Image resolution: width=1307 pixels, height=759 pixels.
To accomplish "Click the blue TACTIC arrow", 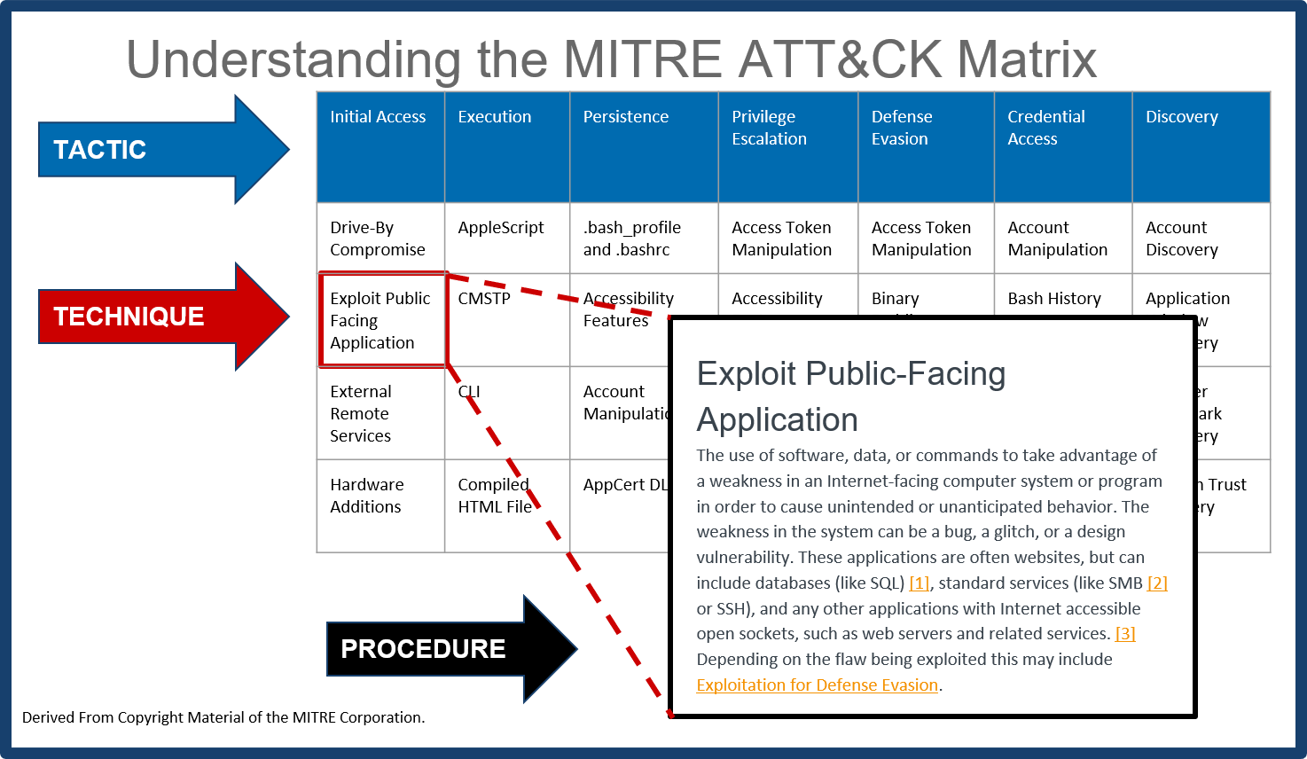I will (151, 149).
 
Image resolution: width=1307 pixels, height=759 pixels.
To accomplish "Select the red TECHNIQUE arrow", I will (151, 317).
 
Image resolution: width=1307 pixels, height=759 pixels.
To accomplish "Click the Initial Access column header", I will (380, 146).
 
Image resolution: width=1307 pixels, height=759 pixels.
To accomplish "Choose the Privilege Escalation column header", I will (787, 146).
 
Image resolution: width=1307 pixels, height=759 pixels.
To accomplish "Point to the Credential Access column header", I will (1062, 146).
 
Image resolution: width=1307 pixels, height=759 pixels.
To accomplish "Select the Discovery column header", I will (1201, 146).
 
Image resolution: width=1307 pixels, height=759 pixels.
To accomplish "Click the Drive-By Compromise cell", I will (380, 239).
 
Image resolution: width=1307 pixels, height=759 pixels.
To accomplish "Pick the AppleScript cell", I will (505, 238).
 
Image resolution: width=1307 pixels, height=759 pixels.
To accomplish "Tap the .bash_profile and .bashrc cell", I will (643, 239).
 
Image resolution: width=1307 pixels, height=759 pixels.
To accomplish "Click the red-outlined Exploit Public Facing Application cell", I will (381, 320).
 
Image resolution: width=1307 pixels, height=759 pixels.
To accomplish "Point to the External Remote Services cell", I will (380, 413).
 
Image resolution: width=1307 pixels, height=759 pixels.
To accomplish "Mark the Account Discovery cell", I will (1200, 239).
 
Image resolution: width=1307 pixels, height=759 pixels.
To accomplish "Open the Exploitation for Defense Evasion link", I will (817, 685).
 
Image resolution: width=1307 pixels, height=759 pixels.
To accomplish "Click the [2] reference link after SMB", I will (1157, 583).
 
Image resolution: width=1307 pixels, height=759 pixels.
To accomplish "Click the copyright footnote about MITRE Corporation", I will (223, 717).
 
